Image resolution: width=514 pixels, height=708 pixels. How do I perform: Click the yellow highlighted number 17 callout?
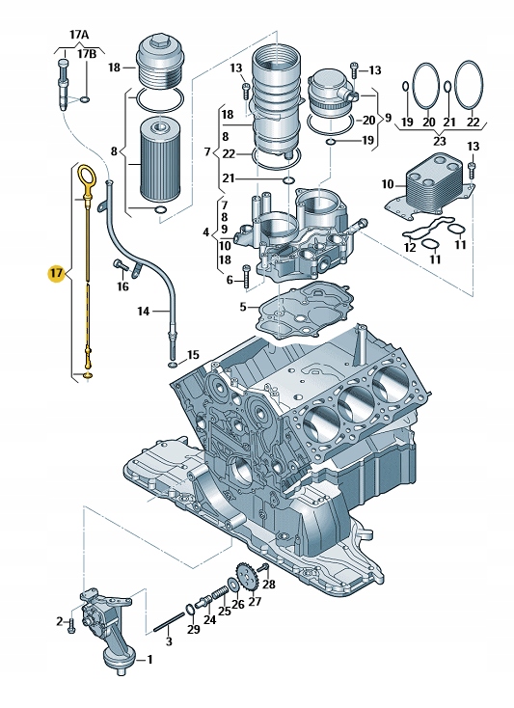56,273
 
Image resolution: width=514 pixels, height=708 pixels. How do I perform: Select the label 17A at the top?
79,35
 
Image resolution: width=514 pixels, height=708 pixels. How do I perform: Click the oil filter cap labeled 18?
158,62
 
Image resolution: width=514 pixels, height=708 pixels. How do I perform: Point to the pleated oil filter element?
159,159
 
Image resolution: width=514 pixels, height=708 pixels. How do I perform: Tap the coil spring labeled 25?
220,592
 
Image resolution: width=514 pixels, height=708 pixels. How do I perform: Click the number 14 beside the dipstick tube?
144,312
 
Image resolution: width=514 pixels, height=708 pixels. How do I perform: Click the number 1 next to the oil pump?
150,660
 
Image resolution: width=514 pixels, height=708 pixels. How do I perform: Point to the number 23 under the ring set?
439,142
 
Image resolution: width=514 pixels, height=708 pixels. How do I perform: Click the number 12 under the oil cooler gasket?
410,248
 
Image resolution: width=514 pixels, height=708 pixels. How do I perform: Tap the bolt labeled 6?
246,276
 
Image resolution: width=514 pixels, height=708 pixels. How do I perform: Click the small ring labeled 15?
173,365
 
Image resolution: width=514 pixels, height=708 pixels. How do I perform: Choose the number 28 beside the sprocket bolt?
269,585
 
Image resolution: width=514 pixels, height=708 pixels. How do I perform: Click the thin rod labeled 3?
169,621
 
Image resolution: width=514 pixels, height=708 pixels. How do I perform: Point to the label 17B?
87,54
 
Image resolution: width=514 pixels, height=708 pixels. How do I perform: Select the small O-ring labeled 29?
191,609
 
